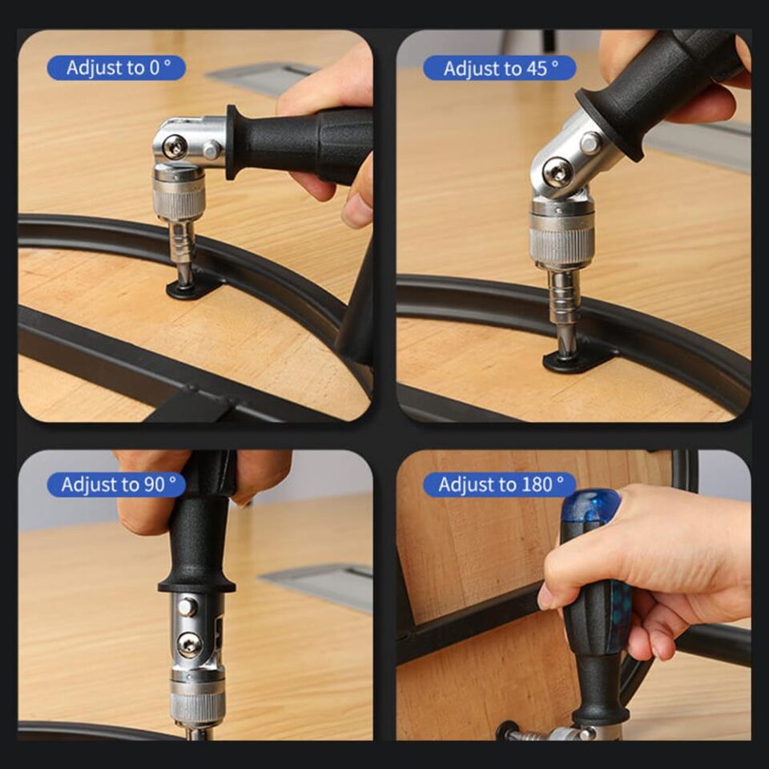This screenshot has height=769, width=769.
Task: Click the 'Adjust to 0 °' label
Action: point(117,67)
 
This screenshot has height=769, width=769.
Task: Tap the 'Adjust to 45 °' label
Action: point(499,68)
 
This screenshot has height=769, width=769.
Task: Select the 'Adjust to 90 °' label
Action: point(117,485)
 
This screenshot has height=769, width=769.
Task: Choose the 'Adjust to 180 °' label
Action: point(500,485)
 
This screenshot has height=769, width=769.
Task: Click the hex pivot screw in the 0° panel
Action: point(174,147)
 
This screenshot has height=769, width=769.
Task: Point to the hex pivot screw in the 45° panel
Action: point(558,172)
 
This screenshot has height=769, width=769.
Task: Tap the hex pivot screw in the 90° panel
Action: point(189,644)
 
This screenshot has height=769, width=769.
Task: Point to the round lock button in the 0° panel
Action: point(211,149)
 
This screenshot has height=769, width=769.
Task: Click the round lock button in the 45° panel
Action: point(590,143)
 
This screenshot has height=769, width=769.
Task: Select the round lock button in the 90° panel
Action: point(187,606)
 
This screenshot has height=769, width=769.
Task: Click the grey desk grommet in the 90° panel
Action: point(320,586)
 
